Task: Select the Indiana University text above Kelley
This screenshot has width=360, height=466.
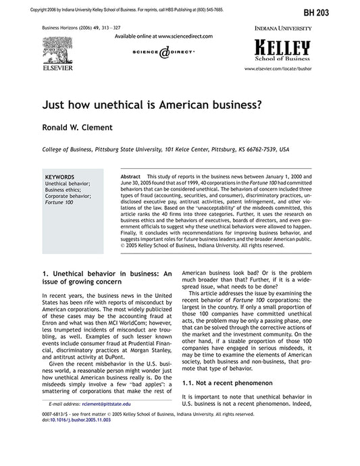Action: (x=283, y=29)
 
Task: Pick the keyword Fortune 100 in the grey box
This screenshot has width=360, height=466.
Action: (x=59, y=202)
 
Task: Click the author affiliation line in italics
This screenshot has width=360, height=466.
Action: (x=165, y=149)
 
